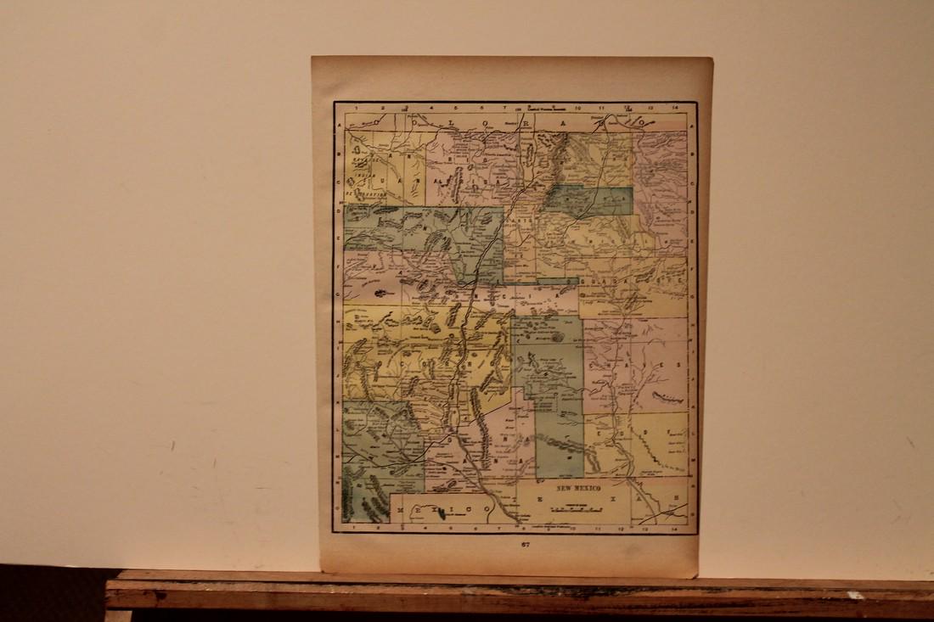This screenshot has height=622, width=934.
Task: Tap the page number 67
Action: coord(525,545)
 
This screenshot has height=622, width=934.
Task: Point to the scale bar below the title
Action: coord(577,510)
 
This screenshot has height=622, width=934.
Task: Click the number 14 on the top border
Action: coord(674,108)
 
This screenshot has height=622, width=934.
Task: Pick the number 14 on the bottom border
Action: coord(673,527)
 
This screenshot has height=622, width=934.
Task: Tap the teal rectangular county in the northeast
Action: coord(589,200)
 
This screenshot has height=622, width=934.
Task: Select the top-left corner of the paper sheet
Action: coord(312,58)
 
